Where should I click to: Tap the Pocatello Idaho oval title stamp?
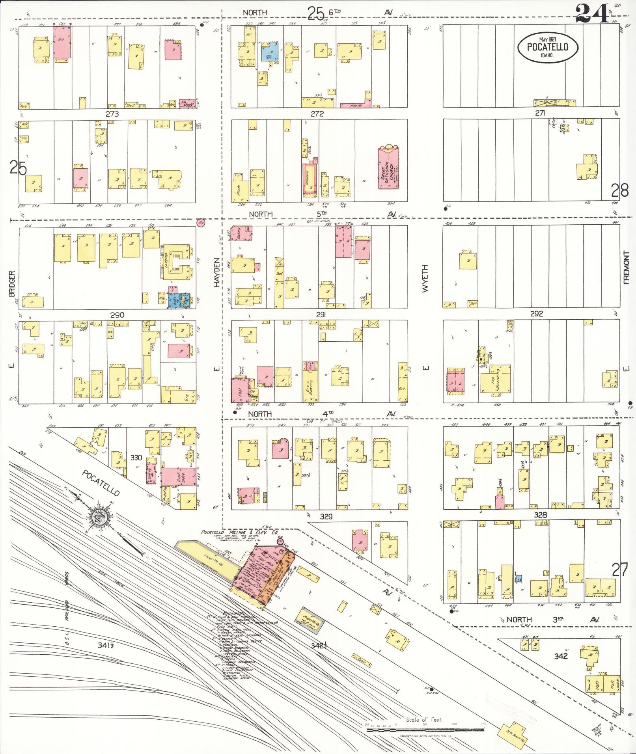pyautogui.click(x=548, y=47)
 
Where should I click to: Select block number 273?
pyautogui.click(x=112, y=114)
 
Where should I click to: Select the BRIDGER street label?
pyautogui.click(x=11, y=284)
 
